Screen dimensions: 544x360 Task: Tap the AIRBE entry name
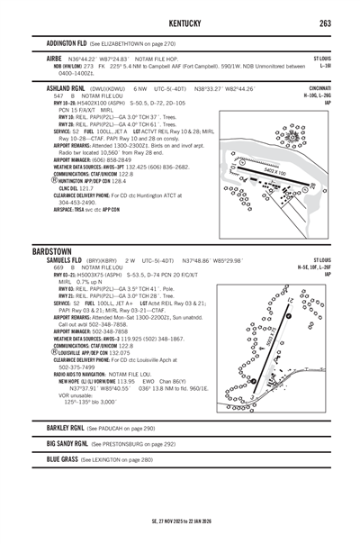pyautogui.click(x=54, y=56)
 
